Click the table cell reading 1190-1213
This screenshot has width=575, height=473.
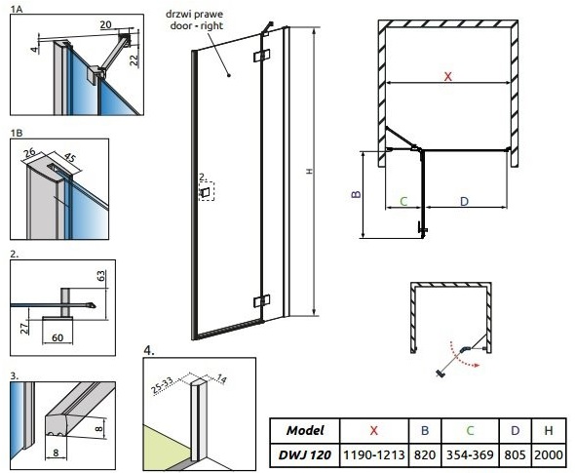[x=374, y=455]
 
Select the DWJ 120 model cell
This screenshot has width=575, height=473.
[x=305, y=455]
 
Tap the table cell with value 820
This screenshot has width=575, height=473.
[x=425, y=455]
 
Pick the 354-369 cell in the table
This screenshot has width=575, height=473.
[x=470, y=455]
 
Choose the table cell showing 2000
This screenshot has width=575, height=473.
[x=549, y=455]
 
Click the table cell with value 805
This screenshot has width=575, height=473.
[x=516, y=455]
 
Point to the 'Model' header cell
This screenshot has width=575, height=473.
[x=305, y=430]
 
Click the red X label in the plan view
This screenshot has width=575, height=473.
[x=447, y=77]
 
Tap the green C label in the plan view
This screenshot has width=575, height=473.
[x=403, y=201]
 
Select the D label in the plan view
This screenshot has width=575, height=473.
[x=464, y=201]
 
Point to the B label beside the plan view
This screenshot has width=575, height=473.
[x=356, y=194]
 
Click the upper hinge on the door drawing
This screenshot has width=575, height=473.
[x=262, y=56]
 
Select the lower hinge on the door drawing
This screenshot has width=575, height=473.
[x=262, y=301]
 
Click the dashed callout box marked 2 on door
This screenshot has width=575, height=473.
[x=207, y=191]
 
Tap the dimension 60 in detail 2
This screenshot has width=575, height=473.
[x=57, y=337]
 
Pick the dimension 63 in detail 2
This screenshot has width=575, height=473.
[x=101, y=276]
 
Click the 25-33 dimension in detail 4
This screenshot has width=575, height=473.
[x=163, y=385]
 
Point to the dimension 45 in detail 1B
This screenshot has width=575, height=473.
[x=69, y=157]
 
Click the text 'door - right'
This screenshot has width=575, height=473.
[x=197, y=25]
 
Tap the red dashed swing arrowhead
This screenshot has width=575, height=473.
[x=476, y=365]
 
